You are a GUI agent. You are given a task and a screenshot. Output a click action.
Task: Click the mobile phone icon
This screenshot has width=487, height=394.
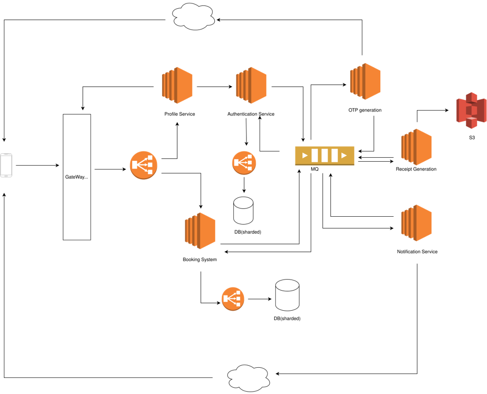click(6, 165)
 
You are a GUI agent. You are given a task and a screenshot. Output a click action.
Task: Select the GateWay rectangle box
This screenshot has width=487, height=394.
click(77, 177)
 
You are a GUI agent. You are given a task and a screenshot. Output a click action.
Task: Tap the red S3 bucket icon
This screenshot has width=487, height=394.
click(471, 110)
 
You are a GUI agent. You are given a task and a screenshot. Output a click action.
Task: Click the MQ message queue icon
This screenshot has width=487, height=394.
click(324, 155)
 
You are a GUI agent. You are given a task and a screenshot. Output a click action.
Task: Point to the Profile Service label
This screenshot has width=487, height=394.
click(180, 114)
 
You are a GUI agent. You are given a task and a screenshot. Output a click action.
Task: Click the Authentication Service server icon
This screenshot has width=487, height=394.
click(251, 85)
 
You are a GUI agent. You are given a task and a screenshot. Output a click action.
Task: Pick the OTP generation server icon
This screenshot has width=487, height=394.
click(365, 81)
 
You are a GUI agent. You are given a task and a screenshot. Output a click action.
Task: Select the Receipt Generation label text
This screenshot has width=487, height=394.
click(416, 169)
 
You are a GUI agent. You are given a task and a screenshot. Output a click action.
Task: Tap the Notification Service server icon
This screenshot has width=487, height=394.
click(416, 223)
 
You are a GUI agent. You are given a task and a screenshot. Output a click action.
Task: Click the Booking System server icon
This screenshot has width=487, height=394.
click(200, 231)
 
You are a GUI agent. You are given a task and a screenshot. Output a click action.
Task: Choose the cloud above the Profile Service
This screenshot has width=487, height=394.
click(194, 17)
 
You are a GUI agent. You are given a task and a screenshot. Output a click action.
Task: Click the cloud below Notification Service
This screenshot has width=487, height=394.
click(248, 378)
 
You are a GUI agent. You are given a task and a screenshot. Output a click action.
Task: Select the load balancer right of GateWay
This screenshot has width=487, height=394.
click(144, 165)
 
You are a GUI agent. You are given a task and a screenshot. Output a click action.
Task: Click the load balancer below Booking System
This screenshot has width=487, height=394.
click(233, 299)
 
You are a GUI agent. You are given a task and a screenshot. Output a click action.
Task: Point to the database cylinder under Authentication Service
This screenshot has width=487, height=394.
click(243, 210)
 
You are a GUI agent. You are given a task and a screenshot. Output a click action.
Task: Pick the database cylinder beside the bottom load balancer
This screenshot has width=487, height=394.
click(287, 295)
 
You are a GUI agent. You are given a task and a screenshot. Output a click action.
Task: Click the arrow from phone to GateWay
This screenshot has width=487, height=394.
click(37, 166)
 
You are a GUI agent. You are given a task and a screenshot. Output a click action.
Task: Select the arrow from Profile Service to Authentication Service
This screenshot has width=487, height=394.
click(215, 87)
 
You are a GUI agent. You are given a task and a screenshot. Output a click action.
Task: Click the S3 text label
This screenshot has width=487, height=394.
click(472, 137)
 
